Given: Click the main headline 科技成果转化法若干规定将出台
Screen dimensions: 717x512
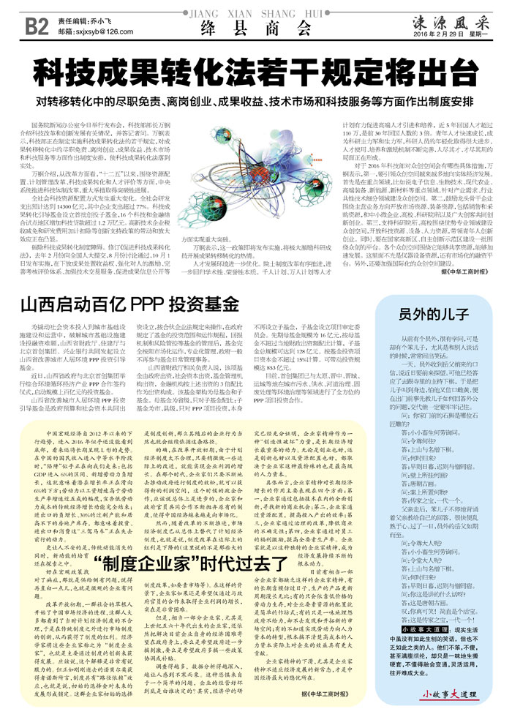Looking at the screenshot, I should point(255,73).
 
